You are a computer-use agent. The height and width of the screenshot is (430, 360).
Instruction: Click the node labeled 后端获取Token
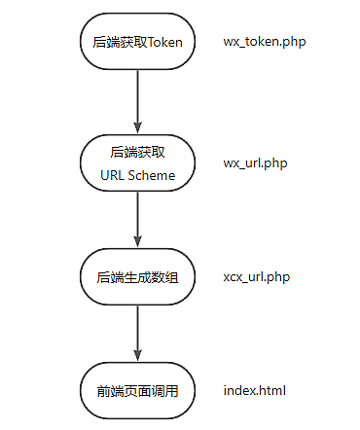(x=137, y=42)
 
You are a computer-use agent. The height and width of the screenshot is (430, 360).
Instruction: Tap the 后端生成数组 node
(x=137, y=276)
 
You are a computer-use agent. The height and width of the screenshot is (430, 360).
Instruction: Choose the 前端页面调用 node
(x=137, y=391)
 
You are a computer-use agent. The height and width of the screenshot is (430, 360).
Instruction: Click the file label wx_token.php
(x=265, y=42)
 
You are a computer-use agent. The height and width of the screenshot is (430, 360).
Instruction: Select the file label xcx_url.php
(x=256, y=276)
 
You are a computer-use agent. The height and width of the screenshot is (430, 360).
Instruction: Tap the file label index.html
(x=254, y=391)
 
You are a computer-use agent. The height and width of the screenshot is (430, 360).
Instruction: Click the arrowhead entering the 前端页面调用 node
(x=137, y=360)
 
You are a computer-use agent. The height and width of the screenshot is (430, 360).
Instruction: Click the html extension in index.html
(x=272, y=391)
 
